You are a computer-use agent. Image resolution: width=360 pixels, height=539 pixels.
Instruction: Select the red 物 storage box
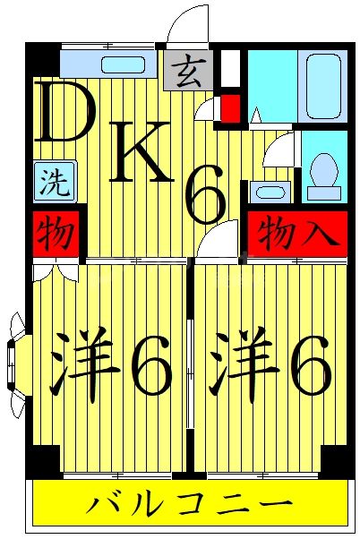pyautogui.click(x=55, y=235)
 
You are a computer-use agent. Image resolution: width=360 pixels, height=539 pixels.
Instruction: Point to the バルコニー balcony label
pyautogui.click(x=189, y=505)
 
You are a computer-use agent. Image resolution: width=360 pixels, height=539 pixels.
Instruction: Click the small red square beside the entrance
pyautogui.click(x=230, y=109)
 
